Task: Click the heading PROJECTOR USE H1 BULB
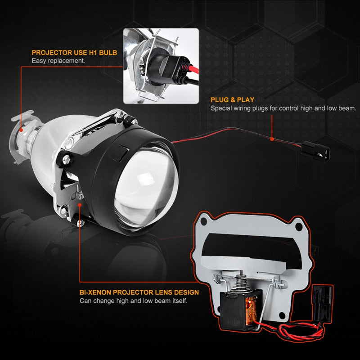(x=74, y=53)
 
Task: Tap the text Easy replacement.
(x=58, y=61)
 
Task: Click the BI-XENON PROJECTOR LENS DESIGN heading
(x=139, y=292)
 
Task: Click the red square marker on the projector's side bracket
(x=80, y=205)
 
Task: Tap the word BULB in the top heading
(x=108, y=53)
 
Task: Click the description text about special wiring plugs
(x=283, y=108)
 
